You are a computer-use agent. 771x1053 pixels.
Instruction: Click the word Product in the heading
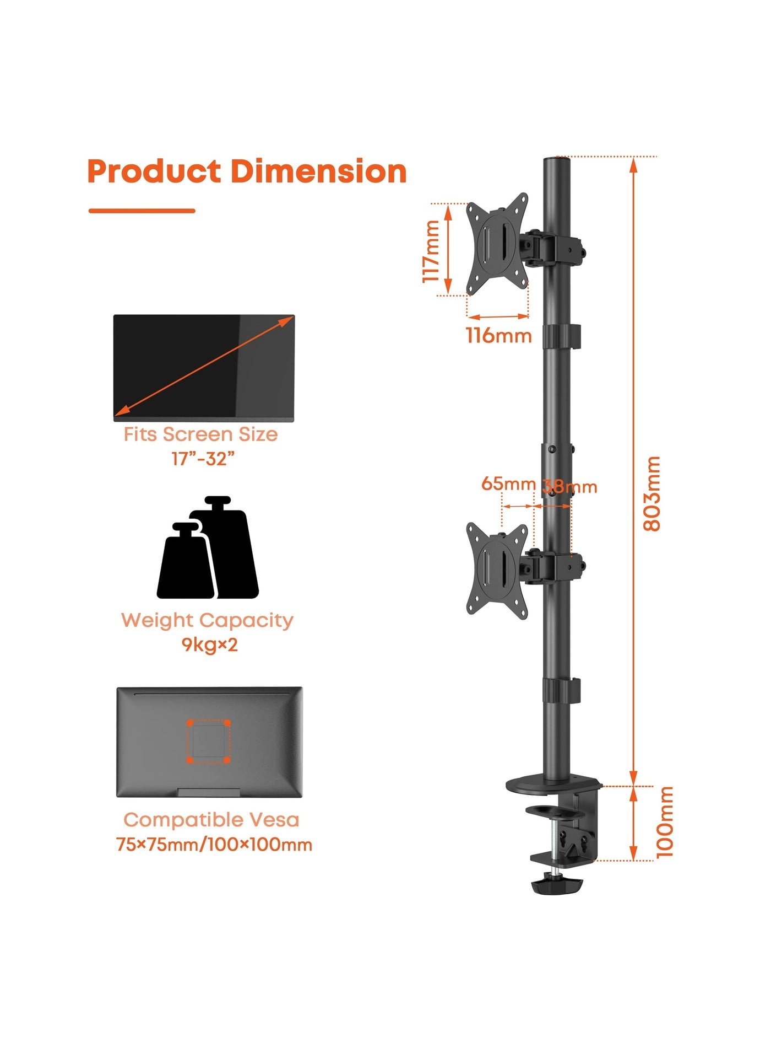pyautogui.click(x=154, y=171)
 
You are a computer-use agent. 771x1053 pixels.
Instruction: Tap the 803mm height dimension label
pyautogui.click(x=652, y=493)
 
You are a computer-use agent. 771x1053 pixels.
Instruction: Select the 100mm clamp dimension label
pyautogui.click(x=665, y=822)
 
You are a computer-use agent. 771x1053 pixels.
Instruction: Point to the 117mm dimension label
pyautogui.click(x=431, y=251)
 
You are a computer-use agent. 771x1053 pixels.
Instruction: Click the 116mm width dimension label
pyautogui.click(x=499, y=335)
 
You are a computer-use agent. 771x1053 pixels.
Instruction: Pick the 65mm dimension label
pyautogui.click(x=508, y=483)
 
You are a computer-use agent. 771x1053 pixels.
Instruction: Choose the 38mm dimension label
pyautogui.click(x=570, y=486)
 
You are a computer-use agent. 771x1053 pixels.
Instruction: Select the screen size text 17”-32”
pyautogui.click(x=203, y=458)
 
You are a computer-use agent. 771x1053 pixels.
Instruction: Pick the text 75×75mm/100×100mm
pyautogui.click(x=214, y=844)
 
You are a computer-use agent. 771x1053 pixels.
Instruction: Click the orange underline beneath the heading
pyautogui.click(x=142, y=211)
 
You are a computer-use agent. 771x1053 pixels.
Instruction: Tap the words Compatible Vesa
pyautogui.click(x=211, y=820)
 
